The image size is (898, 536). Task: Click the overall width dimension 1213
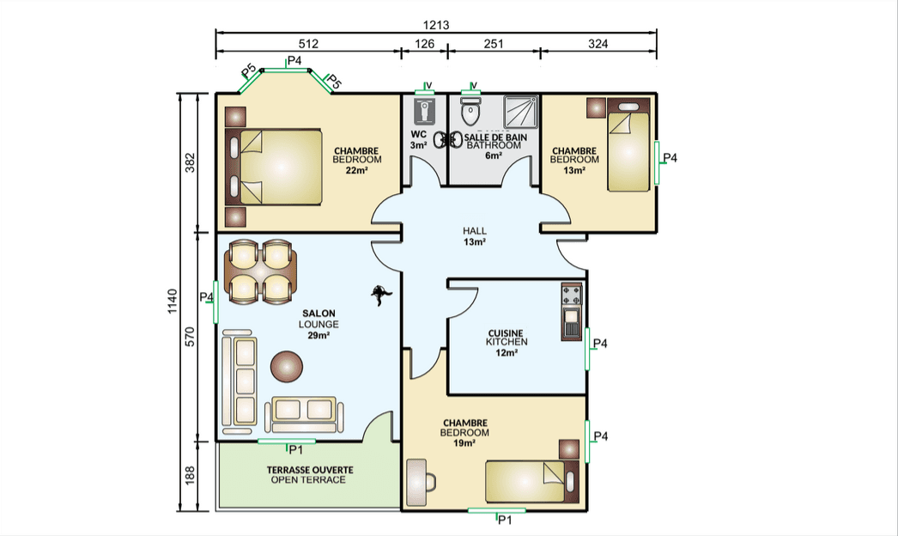tap(436, 25)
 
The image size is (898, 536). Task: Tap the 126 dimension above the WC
tap(424, 44)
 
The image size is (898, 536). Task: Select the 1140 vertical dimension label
tap(173, 301)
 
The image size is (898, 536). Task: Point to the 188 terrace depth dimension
tap(190, 475)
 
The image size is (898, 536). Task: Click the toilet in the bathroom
tap(470, 111)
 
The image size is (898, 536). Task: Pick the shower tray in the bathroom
tap(520, 112)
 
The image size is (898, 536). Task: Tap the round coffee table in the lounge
tap(287, 366)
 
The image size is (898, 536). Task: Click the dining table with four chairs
tap(260, 271)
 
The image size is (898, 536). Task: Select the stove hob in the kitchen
tap(571, 295)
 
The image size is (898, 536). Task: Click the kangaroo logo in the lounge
tap(381, 295)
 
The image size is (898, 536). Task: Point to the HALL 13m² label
tap(475, 236)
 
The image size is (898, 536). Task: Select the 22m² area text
tap(356, 170)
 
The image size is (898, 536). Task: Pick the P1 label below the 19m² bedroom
tap(505, 520)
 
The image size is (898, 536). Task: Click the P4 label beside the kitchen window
tap(599, 344)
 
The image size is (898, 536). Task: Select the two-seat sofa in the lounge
tap(304, 413)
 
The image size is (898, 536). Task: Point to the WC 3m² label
tap(419, 140)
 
